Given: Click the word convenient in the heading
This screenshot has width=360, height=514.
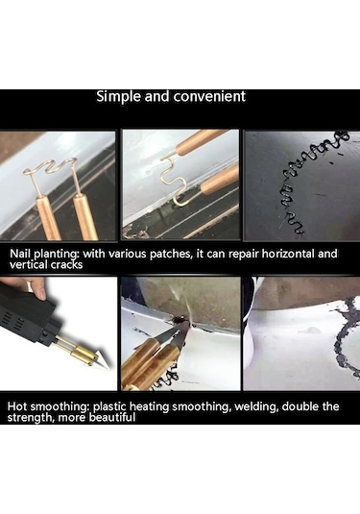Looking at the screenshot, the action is coord(209,96).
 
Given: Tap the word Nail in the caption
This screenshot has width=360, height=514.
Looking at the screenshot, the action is coord(18,254).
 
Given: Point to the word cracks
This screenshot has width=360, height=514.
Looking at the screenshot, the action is coord(66,264).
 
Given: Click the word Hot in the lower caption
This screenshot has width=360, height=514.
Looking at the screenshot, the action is coord(17,406).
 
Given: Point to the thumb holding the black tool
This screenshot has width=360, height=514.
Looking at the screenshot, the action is coord(38,288).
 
